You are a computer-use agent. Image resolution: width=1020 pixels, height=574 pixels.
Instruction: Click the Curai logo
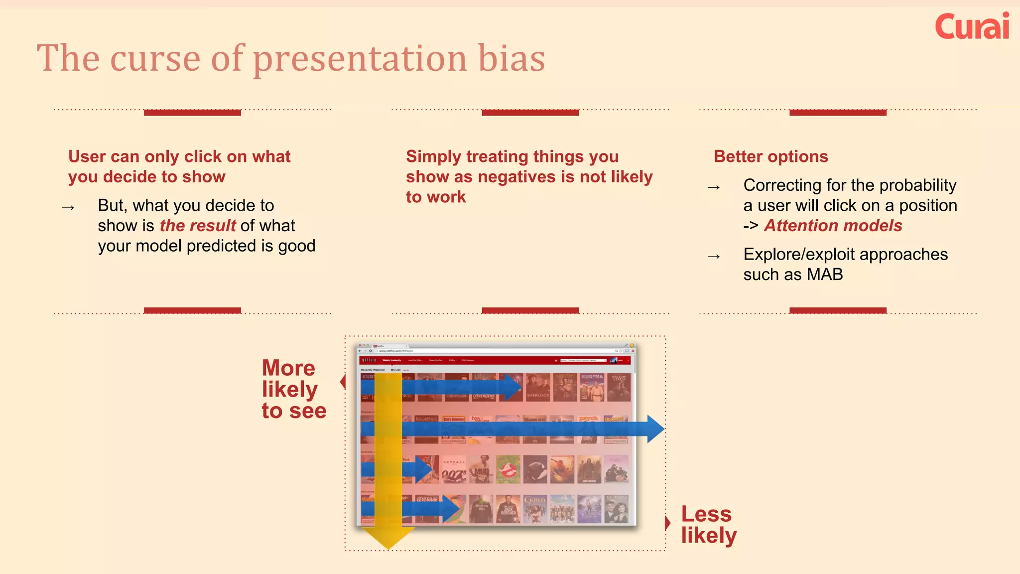[x=972, y=27]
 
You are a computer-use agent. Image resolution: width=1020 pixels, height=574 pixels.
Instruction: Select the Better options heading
[x=770, y=156]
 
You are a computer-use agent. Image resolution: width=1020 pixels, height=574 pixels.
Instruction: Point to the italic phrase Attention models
[x=833, y=226]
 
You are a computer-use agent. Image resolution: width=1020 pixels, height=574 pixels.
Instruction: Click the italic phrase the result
[x=198, y=226]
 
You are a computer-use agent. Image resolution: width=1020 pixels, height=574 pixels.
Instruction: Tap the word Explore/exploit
[x=799, y=255]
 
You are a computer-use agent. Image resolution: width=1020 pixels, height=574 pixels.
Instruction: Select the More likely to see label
[x=294, y=389]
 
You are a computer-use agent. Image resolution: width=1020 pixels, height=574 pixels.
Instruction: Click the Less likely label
[x=708, y=525]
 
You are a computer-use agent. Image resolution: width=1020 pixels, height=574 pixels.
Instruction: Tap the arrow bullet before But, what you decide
[x=68, y=207]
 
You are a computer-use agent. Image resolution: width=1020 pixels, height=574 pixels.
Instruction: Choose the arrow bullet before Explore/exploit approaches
[x=714, y=257]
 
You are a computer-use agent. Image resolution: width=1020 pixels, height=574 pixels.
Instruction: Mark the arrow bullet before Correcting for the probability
[x=714, y=187]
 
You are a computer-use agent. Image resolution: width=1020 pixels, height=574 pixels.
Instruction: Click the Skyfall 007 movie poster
[x=454, y=469]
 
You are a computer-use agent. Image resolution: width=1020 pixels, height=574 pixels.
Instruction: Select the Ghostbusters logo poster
[x=508, y=469]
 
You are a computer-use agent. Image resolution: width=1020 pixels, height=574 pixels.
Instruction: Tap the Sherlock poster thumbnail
[x=538, y=388]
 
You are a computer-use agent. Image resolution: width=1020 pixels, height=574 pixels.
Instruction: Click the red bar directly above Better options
[x=838, y=113]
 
